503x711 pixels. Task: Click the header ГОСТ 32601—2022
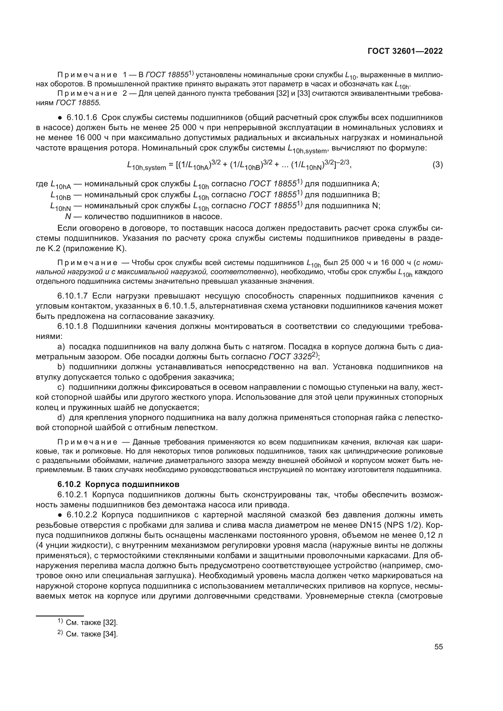(x=405, y=51)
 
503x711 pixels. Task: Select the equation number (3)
(x=437, y=165)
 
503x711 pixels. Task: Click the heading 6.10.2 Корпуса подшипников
(x=118, y=484)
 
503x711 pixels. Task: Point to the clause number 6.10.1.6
(x=82, y=118)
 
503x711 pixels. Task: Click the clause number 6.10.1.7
(x=73, y=296)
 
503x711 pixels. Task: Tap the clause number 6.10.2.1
(x=73, y=494)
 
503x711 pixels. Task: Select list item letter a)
(x=61, y=347)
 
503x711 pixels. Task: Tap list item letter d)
(x=61, y=418)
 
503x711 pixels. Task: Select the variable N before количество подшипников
(x=68, y=216)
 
